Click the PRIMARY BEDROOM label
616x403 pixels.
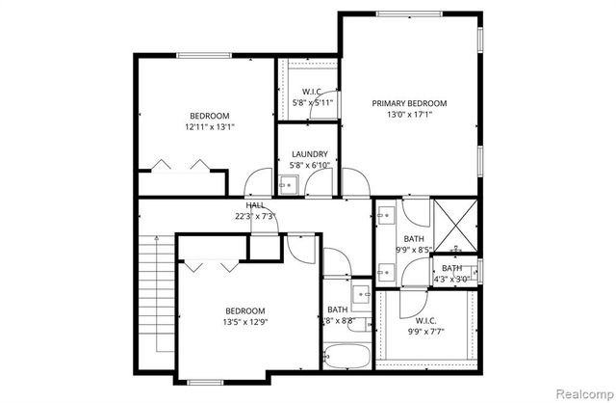click(410, 103)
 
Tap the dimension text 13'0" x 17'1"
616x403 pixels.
click(410, 115)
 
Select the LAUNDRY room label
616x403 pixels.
click(310, 153)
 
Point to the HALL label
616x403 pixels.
click(255, 205)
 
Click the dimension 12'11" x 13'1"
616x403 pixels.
click(210, 126)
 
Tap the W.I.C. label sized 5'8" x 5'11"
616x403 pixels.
click(310, 93)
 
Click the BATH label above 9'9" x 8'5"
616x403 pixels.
click(414, 238)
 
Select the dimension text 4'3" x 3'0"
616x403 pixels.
click(450, 280)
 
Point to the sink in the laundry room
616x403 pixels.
click(296, 182)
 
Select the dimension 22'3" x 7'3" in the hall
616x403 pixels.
click(254, 216)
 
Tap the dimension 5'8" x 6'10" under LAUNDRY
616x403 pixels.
click(310, 165)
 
